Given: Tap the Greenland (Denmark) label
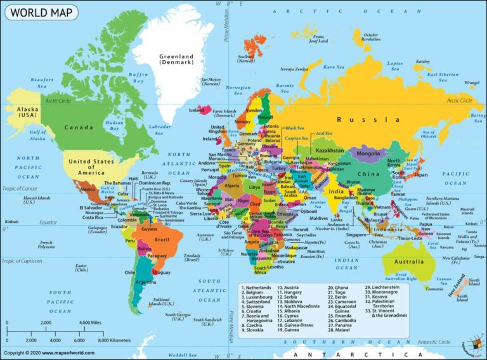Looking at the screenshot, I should pyautogui.click(x=176, y=59).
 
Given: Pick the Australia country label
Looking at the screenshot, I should pyautogui.click(x=409, y=261).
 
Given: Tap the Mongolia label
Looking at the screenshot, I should pyautogui.click(x=368, y=153).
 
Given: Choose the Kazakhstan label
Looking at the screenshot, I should pyautogui.click(x=329, y=151).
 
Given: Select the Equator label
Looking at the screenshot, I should pyautogui.click(x=48, y=222).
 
